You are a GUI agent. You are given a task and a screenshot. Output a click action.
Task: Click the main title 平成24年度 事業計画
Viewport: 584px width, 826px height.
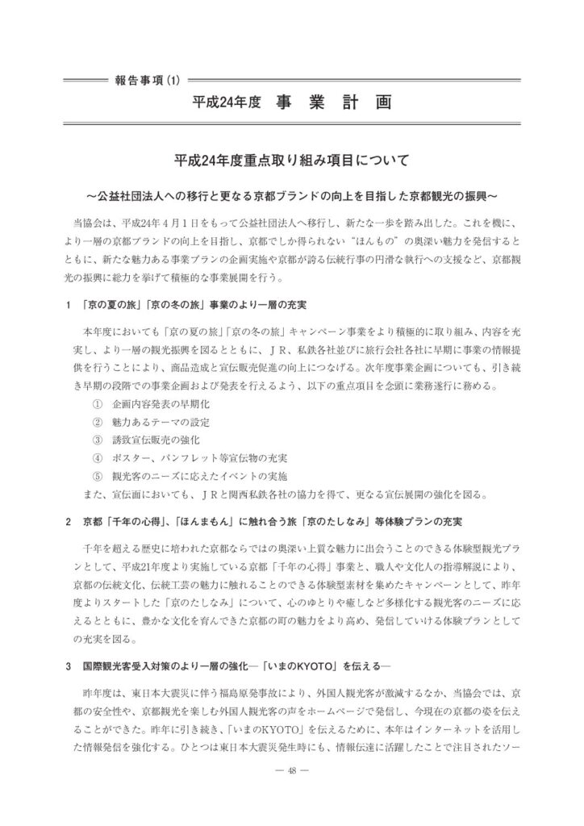pos(292,103)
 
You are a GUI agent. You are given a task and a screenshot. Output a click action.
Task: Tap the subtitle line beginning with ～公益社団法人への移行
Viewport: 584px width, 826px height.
pos(292,196)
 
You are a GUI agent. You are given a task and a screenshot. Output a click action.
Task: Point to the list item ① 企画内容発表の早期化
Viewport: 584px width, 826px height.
pos(150,404)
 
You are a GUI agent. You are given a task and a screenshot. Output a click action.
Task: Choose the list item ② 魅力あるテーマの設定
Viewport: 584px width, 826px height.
pos(150,422)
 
